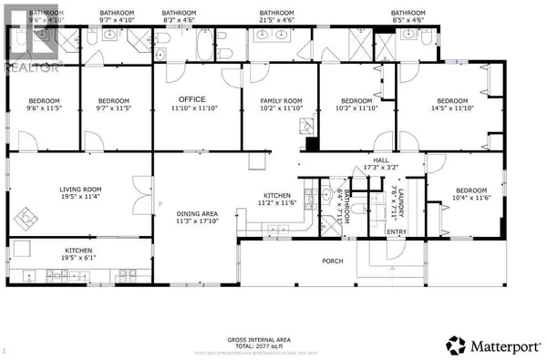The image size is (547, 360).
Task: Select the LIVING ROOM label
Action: point(80,190)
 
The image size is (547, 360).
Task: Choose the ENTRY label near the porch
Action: point(396,232)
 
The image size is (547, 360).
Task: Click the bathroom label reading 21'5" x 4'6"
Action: point(275,15)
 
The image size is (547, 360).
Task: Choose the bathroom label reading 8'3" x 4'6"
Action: point(179,15)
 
